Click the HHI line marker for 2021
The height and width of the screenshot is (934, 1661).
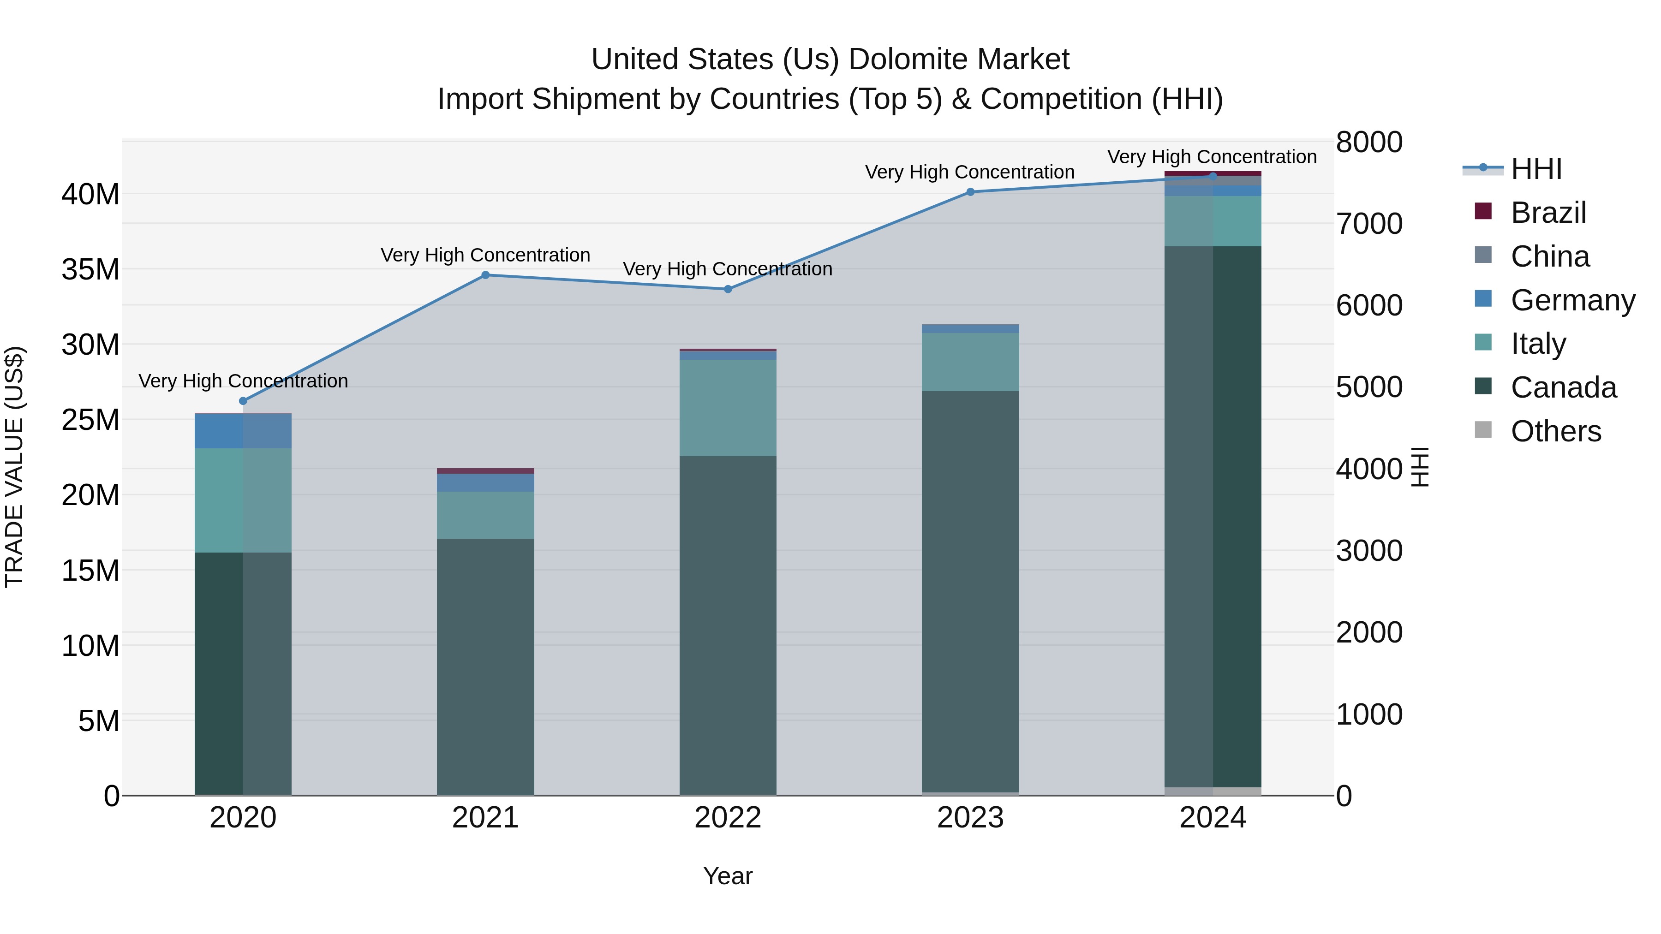tap(485, 275)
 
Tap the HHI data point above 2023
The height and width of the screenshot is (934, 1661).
tap(970, 192)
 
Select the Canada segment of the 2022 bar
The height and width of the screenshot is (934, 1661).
tap(728, 625)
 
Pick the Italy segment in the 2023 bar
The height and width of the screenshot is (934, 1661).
tap(970, 362)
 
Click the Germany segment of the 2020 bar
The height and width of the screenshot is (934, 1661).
tap(243, 431)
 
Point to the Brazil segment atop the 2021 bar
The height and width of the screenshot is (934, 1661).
tap(485, 471)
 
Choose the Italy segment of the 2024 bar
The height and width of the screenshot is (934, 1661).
tap(1213, 221)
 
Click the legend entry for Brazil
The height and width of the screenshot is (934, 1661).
tap(1547, 213)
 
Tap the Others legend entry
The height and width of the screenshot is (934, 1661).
tap(1555, 431)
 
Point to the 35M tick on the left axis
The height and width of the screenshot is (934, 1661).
tap(90, 269)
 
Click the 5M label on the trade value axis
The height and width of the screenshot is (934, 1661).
tap(99, 720)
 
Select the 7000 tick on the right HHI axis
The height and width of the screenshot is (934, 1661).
tap(1369, 224)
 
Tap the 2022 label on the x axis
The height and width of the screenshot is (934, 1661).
tap(728, 818)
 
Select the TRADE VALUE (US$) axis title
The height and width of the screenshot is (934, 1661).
tap(14, 467)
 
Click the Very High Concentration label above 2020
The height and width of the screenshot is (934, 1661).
tap(243, 381)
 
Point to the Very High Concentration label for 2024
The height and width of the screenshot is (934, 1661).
tap(1212, 157)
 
